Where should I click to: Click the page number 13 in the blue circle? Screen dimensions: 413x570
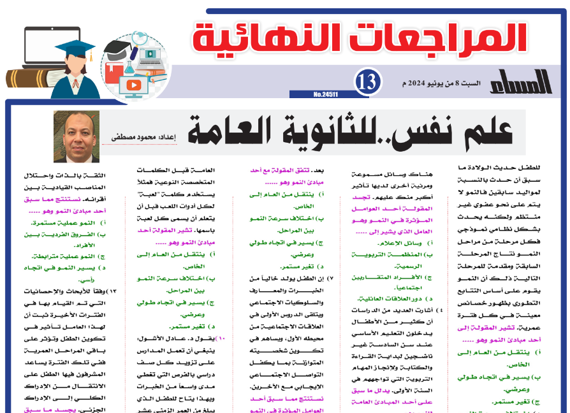pyautogui.click(x=368, y=82)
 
